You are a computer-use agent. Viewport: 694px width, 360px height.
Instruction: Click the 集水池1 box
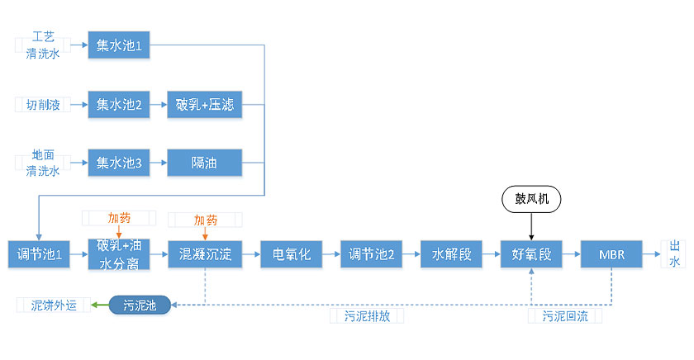[120, 45]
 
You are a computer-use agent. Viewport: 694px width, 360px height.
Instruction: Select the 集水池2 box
[120, 105]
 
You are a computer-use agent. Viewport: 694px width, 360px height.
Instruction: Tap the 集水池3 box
[120, 163]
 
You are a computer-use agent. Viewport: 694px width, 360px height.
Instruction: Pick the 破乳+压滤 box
[204, 105]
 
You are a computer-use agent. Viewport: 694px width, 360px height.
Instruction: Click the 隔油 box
[204, 163]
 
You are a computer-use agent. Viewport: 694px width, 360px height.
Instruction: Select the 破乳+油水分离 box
[120, 254]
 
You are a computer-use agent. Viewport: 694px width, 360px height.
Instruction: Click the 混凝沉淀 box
[204, 254]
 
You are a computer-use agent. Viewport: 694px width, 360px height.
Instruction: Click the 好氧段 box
[531, 254]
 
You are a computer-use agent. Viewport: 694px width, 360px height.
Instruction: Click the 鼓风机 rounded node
[531, 198]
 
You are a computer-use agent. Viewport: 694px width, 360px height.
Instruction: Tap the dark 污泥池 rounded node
[139, 306]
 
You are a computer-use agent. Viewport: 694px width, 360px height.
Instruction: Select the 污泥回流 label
[565, 316]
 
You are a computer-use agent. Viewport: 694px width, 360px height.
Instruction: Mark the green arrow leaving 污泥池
[99, 306]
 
